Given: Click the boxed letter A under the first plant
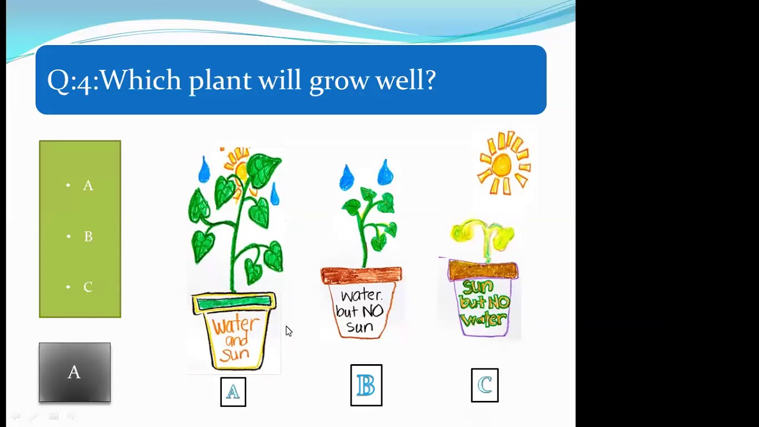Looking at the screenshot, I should click(233, 392).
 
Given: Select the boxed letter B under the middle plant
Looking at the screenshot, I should click(366, 385).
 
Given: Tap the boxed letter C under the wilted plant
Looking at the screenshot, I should click(484, 385).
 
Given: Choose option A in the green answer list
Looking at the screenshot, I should click(88, 186).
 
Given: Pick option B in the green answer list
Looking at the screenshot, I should click(88, 237).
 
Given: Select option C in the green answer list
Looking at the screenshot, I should click(88, 287).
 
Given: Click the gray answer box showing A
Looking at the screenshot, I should click(75, 372).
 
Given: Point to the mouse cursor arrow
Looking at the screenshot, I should click(288, 331).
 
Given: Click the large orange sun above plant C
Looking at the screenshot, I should click(503, 163).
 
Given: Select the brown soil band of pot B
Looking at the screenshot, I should click(361, 275).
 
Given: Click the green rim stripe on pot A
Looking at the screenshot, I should click(234, 304).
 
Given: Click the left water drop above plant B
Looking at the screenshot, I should click(346, 177).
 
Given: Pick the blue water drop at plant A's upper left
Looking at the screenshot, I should click(204, 170).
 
